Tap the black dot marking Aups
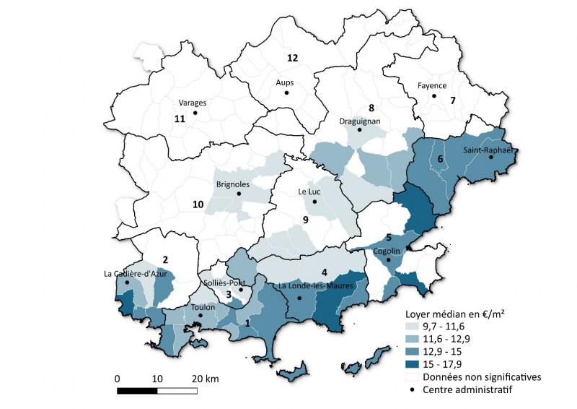[x=286, y=93]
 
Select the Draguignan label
[x=360, y=120]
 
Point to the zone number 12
[x=292, y=57]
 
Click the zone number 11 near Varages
[x=180, y=119]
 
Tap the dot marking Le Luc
[x=314, y=202]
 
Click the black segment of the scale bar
[x=137, y=390]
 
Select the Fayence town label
[x=432, y=85]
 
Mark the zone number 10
[x=197, y=205]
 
